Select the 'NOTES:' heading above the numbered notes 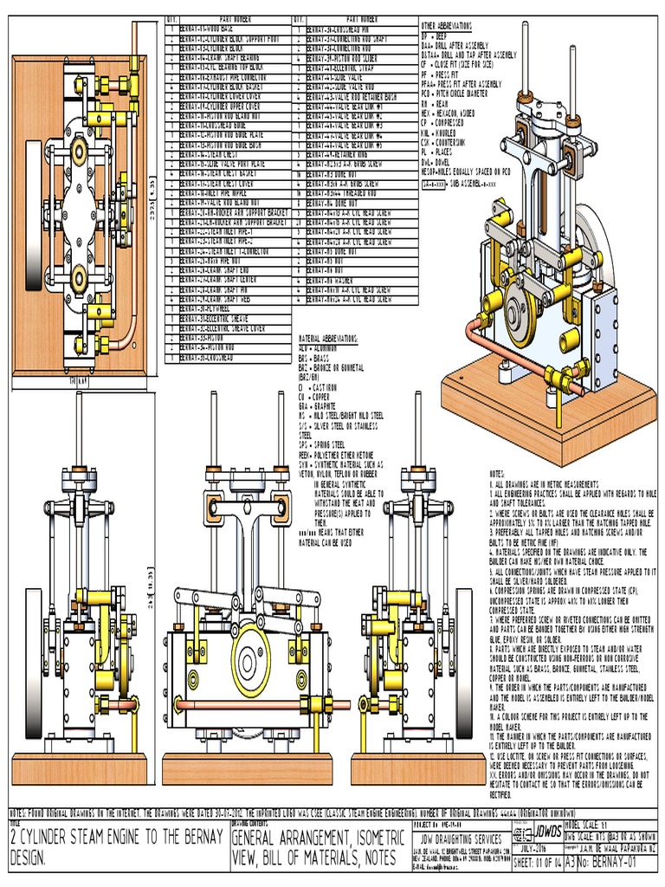click(x=497, y=474)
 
